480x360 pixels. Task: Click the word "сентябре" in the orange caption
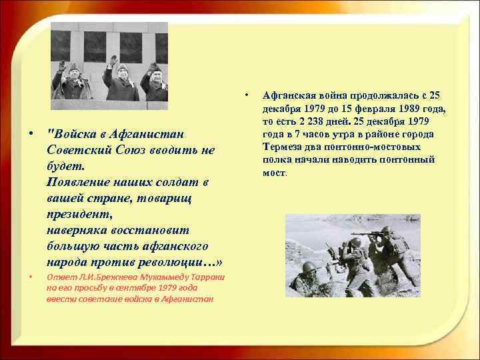(x=133, y=287)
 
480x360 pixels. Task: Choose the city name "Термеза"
(x=284, y=147)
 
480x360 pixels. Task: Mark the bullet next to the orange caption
(x=31, y=277)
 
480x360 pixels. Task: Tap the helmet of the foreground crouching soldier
(x=308, y=267)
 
